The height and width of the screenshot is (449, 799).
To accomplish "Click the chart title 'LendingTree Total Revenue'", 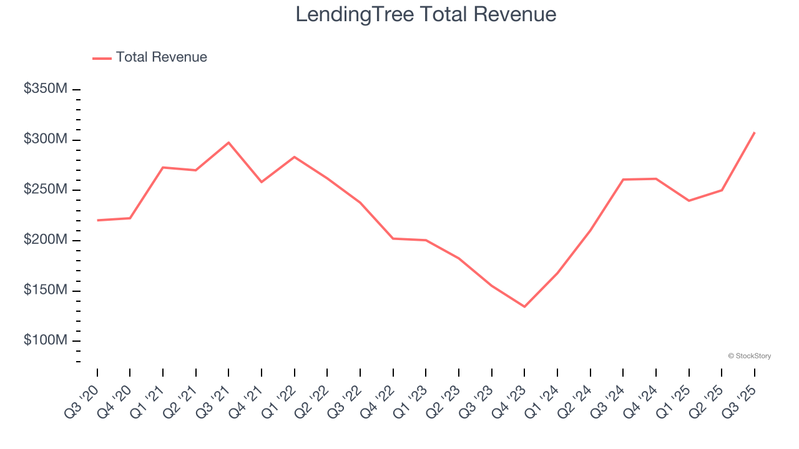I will click(426, 14).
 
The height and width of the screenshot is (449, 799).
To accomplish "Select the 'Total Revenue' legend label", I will click(161, 57).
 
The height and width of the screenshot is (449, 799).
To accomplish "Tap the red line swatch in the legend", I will click(102, 58).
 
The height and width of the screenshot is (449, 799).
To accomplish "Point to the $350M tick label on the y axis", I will click(45, 89).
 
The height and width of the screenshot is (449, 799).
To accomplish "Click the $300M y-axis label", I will click(45, 139).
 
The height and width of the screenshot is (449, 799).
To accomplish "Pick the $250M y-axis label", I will click(45, 190).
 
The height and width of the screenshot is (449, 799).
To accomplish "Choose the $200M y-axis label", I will click(45, 240).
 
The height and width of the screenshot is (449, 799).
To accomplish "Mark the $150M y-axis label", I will click(45, 291).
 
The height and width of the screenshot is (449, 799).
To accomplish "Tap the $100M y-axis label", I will click(45, 341).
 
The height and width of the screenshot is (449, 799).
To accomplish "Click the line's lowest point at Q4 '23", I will click(524, 307).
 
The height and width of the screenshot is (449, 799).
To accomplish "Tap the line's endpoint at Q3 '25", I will click(755, 132).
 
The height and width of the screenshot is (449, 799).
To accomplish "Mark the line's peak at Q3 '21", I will click(228, 142).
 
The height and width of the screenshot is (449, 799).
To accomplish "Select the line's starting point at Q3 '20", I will click(97, 220).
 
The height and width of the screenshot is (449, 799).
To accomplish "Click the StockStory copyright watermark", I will click(749, 356).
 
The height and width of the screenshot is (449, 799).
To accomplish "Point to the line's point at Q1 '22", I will click(294, 157).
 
